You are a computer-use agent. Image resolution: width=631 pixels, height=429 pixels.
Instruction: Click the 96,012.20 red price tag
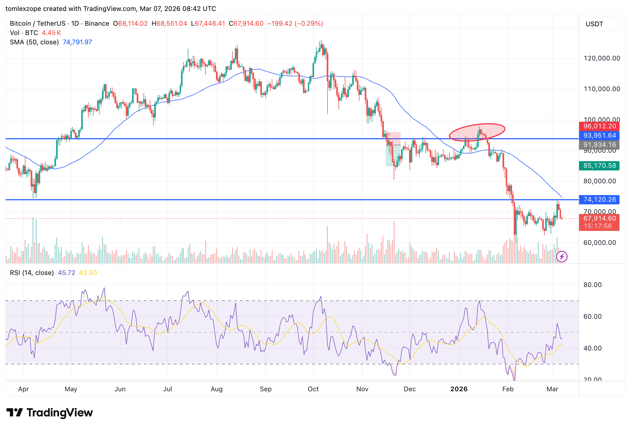[x=599, y=126]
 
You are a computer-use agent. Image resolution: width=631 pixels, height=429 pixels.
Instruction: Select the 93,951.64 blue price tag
[x=599, y=136]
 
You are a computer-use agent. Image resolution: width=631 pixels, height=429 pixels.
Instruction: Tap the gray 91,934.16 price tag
[x=599, y=145]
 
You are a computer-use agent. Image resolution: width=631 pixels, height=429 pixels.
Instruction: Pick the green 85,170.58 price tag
[x=599, y=166]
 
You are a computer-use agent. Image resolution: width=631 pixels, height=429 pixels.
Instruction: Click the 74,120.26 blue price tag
[x=599, y=200]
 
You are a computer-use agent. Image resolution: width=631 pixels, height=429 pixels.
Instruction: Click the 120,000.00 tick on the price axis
[x=602, y=58]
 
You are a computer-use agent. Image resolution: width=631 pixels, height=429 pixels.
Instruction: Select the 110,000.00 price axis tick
[x=602, y=89]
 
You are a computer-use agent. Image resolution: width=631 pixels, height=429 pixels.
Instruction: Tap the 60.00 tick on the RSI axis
[x=592, y=317]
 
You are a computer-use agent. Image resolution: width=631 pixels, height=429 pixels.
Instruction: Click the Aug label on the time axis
[x=217, y=389]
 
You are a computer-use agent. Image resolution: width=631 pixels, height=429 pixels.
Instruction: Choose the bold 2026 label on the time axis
[x=459, y=389]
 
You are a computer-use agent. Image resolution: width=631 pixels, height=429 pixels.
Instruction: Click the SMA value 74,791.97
[x=77, y=42]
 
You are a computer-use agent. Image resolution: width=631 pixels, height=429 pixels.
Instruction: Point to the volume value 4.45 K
[x=51, y=33]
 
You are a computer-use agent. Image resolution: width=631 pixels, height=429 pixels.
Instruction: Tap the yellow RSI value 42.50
[x=88, y=273]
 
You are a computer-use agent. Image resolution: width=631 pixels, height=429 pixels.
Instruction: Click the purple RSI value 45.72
[x=66, y=273]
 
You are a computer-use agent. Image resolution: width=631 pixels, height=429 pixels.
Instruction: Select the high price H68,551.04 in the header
[x=169, y=24]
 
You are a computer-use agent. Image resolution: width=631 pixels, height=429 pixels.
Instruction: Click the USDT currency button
[x=602, y=24]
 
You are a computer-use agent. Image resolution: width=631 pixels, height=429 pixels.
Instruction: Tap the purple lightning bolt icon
[x=562, y=257]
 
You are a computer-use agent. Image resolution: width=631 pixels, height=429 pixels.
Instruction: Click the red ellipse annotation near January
[x=477, y=132]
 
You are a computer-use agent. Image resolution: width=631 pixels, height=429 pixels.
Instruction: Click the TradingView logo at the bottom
[x=50, y=413]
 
